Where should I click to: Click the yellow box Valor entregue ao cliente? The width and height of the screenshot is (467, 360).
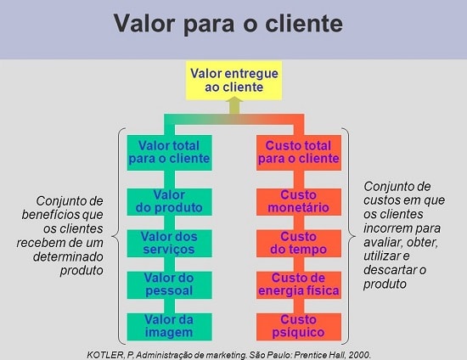pos(233,81)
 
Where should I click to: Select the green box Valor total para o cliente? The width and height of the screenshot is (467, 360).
pos(170,153)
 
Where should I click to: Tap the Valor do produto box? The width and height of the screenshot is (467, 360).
pos(170,202)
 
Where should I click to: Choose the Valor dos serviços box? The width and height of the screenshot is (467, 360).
pos(170,244)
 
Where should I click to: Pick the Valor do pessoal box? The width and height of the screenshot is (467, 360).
pos(170,285)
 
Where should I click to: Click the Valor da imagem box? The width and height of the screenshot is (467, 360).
pos(170,327)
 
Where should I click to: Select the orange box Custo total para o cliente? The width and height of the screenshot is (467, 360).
pos(299,153)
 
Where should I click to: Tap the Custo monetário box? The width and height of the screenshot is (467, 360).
pos(299,202)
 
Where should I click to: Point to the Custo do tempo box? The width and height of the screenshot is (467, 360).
pos(299,244)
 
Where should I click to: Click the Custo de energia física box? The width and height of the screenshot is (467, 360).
pos(299,285)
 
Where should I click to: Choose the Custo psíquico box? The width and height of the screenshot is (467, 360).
pos(299,327)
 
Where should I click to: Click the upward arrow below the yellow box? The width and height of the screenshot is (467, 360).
pos(234,107)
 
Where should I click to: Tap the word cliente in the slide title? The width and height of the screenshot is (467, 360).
pos(304,23)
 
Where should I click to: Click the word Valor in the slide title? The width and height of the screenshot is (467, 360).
pos(143,23)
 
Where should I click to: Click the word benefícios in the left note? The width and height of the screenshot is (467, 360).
pos(50,215)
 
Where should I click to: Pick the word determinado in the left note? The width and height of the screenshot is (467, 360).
pos(68,256)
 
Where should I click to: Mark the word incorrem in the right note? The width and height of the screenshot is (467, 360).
pos(387,228)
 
